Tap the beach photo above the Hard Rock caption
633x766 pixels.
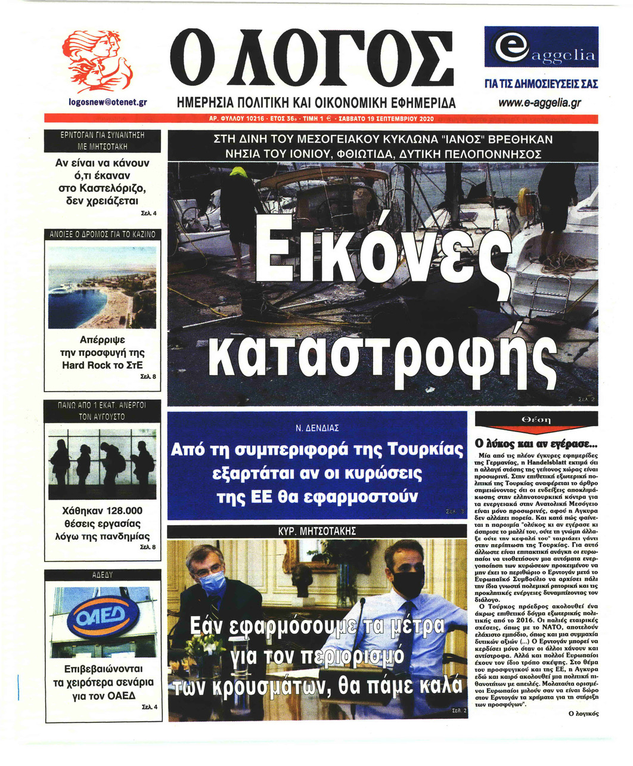pos(103,287)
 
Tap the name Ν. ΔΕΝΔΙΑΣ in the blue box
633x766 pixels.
pos(317,428)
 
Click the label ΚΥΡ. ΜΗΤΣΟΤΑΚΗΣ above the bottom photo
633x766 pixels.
pos(317,531)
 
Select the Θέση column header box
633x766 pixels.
pos(536,420)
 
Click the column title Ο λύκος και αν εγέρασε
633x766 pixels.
pos(535,444)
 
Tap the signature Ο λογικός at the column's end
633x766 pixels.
pos(584,713)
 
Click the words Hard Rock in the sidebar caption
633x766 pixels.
pos(83,365)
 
